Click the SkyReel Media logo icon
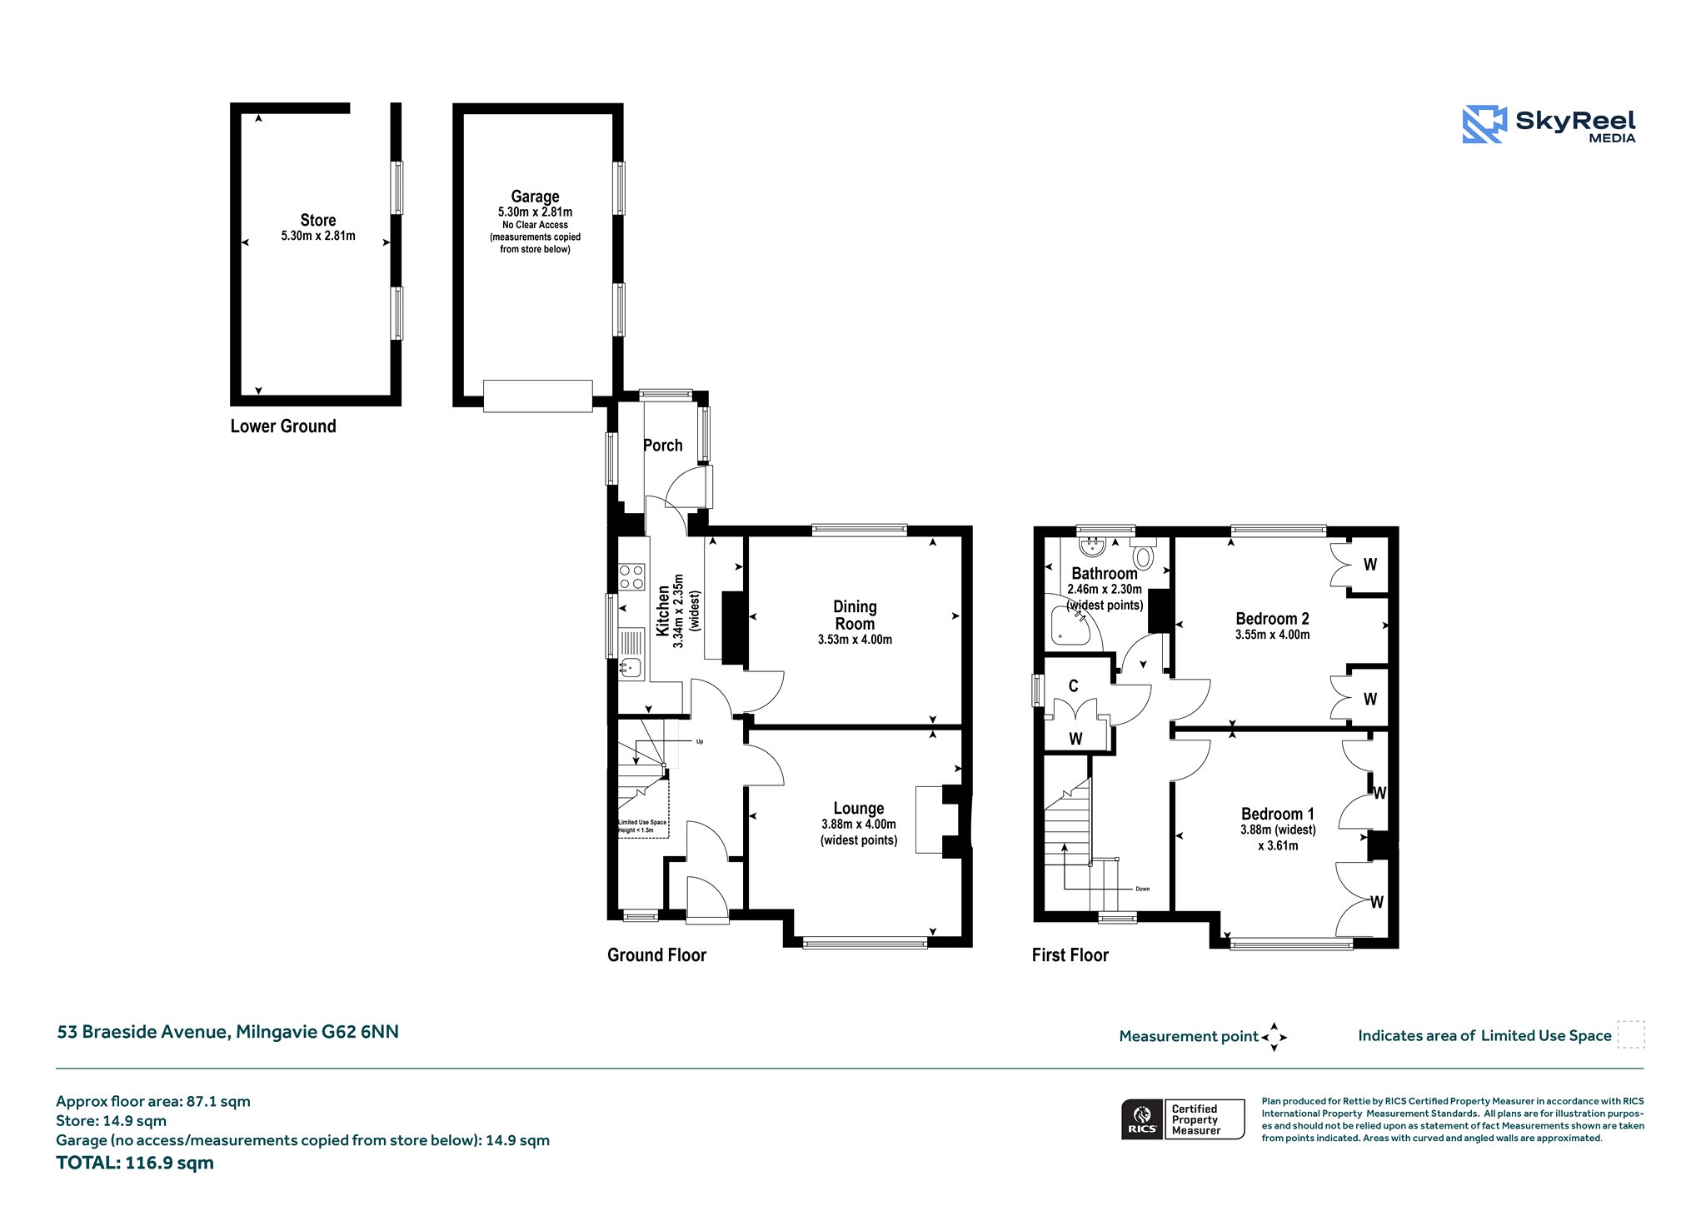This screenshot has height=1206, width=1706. [1484, 125]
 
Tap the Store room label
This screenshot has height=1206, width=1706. [318, 221]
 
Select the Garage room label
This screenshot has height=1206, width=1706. [535, 197]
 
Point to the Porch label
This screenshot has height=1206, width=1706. [663, 446]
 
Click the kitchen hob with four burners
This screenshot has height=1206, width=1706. [631, 577]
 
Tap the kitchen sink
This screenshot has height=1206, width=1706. [631, 666]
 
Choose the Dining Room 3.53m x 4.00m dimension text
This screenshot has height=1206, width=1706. [855, 640]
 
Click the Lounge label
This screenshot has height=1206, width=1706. [859, 809]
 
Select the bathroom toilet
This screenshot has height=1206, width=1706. [1143, 551]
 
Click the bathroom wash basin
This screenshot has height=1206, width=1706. [1091, 546]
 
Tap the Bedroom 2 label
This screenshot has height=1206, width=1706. [1272, 619]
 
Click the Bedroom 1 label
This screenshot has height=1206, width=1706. [1278, 814]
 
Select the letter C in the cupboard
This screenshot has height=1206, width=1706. [1074, 686]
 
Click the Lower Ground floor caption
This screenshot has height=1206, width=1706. [283, 426]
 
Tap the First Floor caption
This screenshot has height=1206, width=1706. [1070, 955]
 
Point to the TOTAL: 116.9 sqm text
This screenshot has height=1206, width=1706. [135, 1163]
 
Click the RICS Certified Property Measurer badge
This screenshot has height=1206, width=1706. [1183, 1119]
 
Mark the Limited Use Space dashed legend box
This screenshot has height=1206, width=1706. [1631, 1034]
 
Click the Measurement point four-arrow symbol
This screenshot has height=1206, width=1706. [1274, 1037]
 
